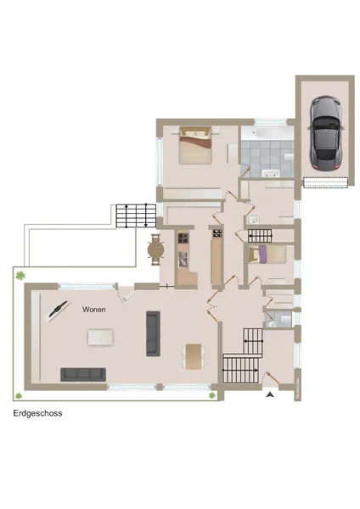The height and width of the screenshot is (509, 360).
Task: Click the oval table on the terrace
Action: [x=155, y=250]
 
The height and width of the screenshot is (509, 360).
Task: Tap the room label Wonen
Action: [x=94, y=310]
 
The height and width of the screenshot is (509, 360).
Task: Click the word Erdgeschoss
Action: [x=37, y=415]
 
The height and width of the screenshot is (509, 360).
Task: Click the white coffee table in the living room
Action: [x=99, y=337]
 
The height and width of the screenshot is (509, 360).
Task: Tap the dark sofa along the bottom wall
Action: [x=83, y=374]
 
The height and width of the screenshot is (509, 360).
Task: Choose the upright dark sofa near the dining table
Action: [x=153, y=333]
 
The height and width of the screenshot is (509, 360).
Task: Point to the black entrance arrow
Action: [x=270, y=393]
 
